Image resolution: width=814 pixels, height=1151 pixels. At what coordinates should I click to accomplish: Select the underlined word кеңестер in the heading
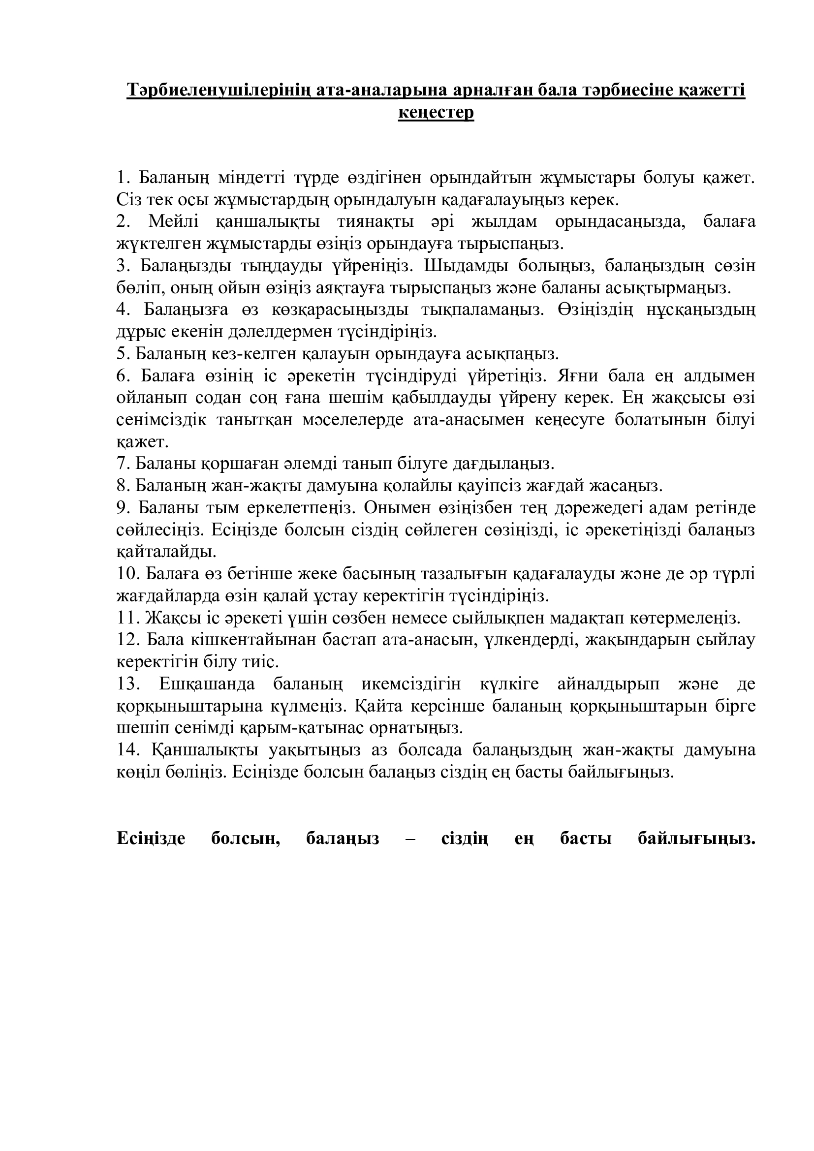click(x=436, y=113)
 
